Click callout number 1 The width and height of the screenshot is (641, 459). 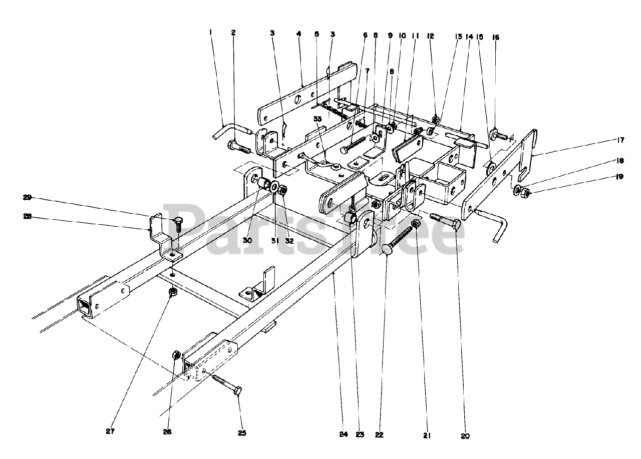point(211,32)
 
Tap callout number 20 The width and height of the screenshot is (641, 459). point(465,435)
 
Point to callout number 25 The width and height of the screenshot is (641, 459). point(242,433)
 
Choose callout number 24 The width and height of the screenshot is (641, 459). point(343,434)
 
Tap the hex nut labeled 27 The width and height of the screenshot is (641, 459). point(172,291)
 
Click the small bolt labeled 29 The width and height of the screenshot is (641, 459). point(177,223)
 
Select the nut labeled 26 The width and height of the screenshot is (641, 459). point(177,355)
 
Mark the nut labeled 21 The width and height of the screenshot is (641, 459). point(416,224)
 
